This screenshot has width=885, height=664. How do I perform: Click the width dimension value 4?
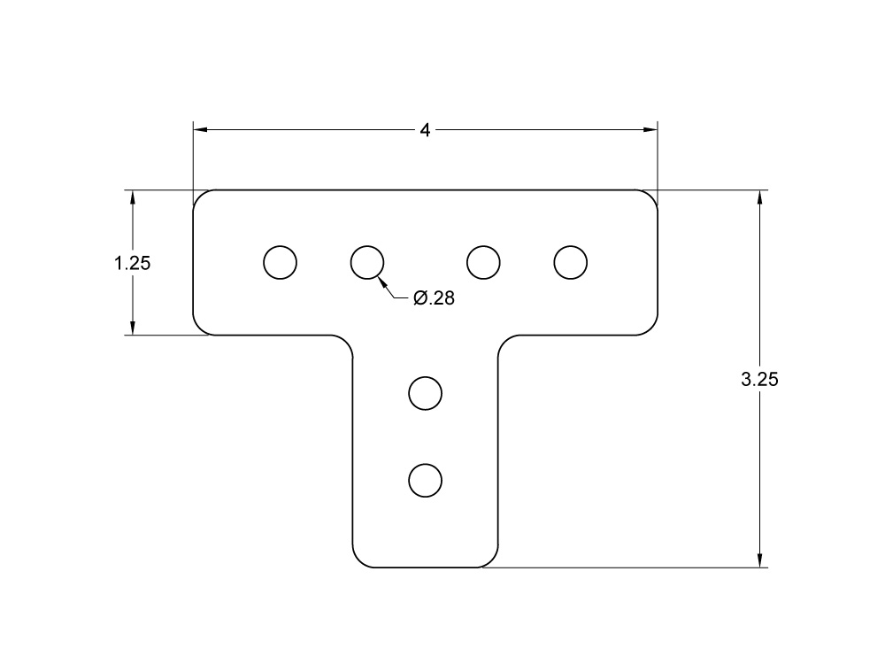(425, 131)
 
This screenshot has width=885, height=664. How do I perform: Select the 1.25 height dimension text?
(133, 263)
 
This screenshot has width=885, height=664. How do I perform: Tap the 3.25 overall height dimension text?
(759, 379)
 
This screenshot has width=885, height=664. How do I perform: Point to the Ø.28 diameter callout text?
(434, 298)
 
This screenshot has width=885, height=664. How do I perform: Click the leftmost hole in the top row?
(281, 262)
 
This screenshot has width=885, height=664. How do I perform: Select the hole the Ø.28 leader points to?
(367, 262)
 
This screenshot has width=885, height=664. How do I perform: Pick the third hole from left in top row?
(483, 262)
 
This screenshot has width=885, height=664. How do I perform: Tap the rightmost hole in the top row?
(571, 262)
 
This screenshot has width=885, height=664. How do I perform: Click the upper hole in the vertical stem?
(426, 393)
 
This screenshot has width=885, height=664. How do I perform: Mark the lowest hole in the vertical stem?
(426, 479)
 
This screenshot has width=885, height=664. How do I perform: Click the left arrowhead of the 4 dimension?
(200, 131)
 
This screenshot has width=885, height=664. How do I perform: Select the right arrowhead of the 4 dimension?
(650, 131)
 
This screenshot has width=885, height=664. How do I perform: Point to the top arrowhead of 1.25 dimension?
(133, 197)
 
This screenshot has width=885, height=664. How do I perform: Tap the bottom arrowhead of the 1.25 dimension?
(133, 328)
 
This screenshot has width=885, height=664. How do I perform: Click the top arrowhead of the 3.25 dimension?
(759, 197)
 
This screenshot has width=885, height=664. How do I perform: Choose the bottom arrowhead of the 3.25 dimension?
(759, 560)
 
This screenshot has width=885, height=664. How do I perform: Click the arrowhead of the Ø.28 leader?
(382, 281)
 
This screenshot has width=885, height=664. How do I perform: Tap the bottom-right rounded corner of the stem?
(491, 561)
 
